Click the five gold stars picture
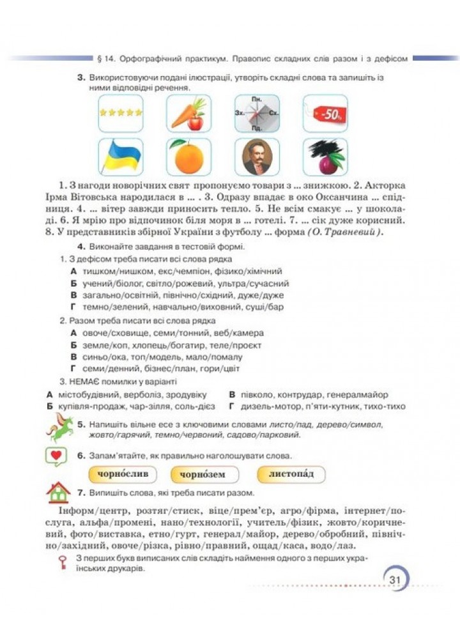point(121,113)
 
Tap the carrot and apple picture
point(188,113)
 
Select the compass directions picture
point(257,113)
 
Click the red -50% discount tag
point(326,113)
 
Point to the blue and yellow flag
point(121,157)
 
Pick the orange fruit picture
point(188,157)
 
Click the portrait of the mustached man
point(257,157)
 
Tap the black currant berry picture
point(326,157)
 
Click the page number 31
point(394,579)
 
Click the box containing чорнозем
point(204,475)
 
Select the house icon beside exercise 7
point(58,493)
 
